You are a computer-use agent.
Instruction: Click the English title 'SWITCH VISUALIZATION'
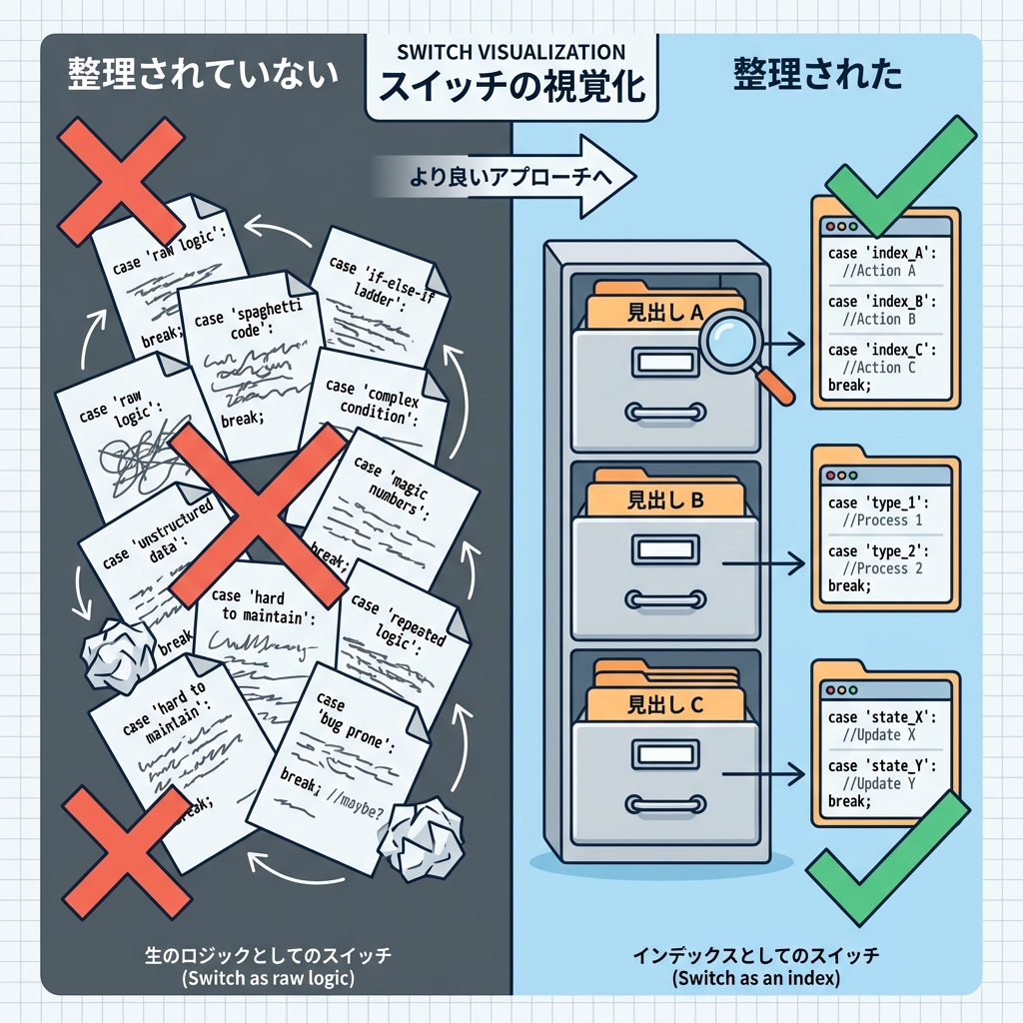[511, 52]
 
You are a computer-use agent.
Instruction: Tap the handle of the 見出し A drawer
[664, 411]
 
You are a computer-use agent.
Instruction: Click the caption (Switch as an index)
[756, 978]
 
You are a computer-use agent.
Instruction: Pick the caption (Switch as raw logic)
[269, 978]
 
